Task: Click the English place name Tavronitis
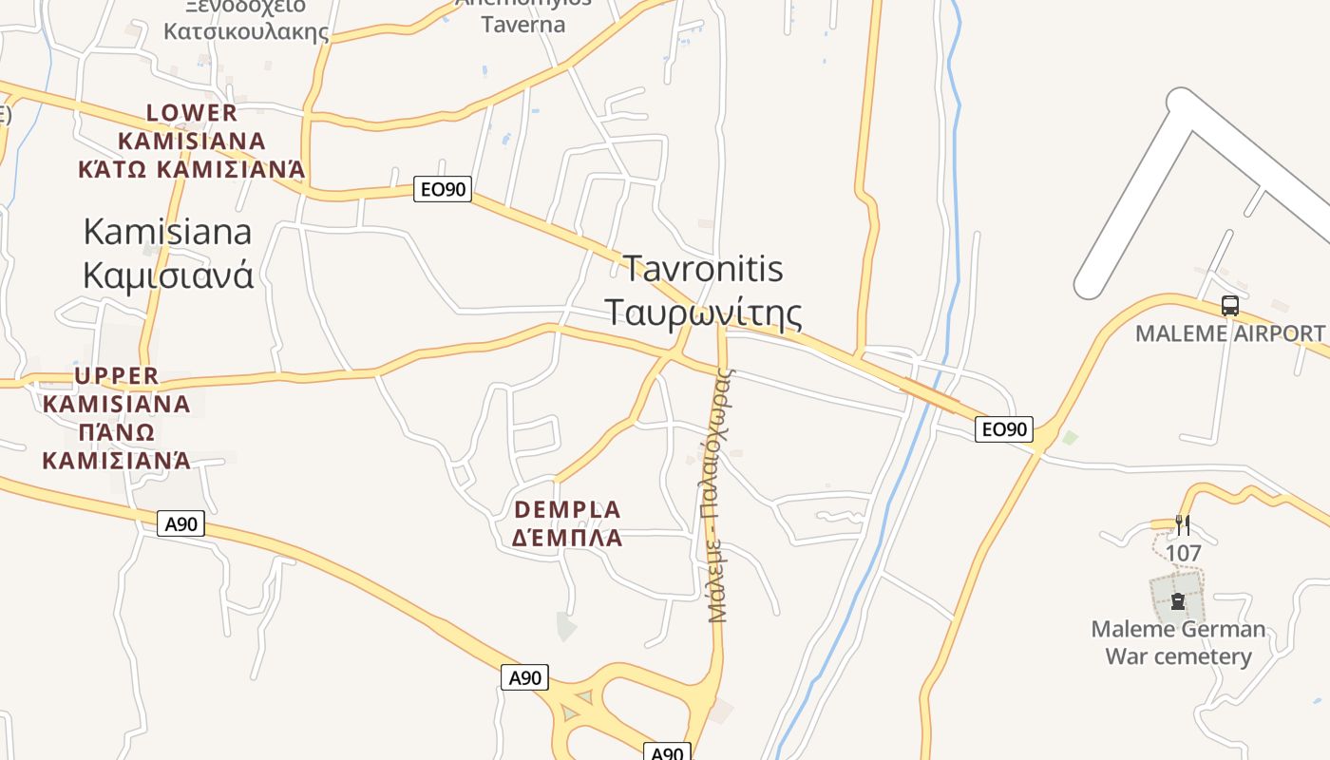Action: pos(703,269)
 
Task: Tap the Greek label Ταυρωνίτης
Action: pos(703,313)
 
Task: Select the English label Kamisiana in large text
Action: pos(168,231)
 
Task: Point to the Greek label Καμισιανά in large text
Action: pos(168,275)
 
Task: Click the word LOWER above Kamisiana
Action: pos(192,113)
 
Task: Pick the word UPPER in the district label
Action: pos(117,375)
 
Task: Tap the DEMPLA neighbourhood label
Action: pos(567,509)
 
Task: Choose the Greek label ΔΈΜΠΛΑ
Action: pos(567,539)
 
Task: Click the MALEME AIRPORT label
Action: pos(1230,333)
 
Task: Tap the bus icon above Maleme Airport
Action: pos(1230,306)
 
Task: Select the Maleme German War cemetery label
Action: pos(1178,642)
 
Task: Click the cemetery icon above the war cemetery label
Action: pos(1178,601)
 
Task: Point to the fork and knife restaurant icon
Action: pos(1183,524)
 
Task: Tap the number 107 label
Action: pos(1183,553)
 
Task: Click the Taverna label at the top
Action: pos(523,25)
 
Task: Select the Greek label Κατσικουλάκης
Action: pos(246,31)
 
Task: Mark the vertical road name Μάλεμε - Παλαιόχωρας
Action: pos(719,494)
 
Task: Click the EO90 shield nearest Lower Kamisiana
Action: pos(444,189)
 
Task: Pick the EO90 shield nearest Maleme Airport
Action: pos(1004,429)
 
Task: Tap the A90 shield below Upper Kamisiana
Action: pos(180,523)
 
